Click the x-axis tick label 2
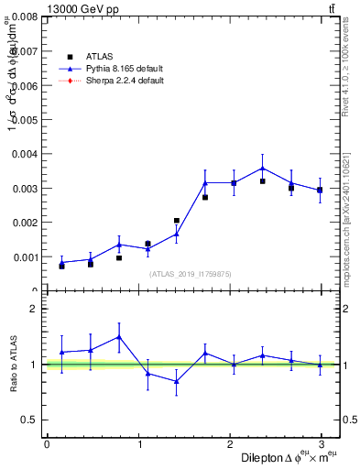229,445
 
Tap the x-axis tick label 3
321,445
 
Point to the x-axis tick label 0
47,445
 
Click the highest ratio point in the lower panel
119,337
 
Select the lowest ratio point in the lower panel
176,381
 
